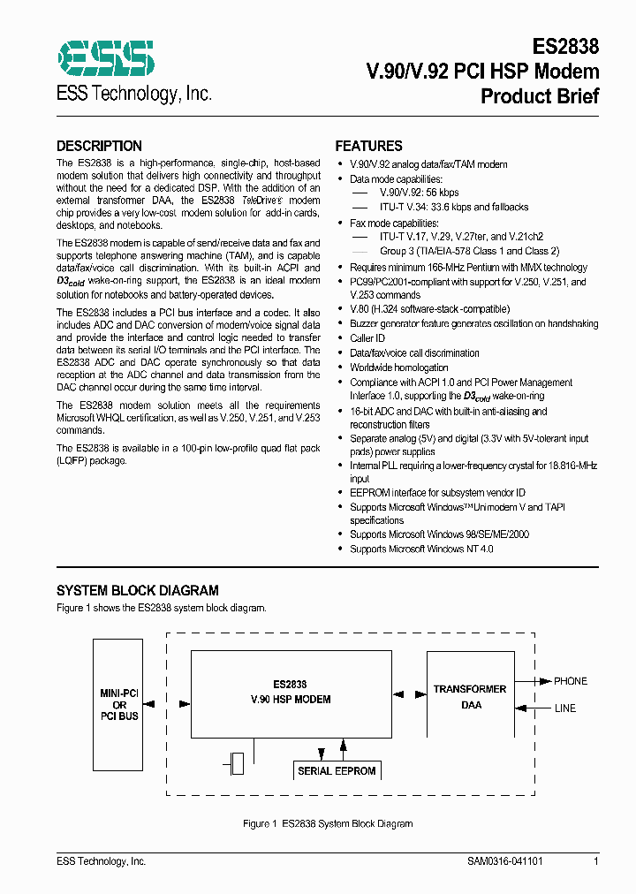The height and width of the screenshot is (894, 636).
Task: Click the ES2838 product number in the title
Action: [x=566, y=47]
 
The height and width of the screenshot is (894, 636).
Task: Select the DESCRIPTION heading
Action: [x=99, y=147]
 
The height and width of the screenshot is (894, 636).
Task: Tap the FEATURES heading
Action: [x=368, y=147]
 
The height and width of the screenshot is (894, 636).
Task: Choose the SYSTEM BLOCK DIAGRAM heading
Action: [x=138, y=590]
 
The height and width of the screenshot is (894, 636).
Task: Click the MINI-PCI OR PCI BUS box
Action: [x=119, y=704]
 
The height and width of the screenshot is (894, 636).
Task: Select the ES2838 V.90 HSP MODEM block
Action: [x=290, y=693]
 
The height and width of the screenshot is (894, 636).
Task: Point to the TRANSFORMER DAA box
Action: [x=469, y=696]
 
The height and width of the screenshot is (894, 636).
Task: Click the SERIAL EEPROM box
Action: [x=337, y=771]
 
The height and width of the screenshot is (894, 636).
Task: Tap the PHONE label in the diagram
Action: [x=570, y=681]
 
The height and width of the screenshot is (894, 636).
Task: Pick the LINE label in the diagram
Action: [x=564, y=708]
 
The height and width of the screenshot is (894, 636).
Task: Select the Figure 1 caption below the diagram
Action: [x=328, y=823]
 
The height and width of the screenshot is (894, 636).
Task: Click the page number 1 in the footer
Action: [x=596, y=861]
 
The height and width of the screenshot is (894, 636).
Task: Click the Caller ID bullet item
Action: [x=367, y=338]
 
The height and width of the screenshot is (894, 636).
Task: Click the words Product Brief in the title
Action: [x=539, y=96]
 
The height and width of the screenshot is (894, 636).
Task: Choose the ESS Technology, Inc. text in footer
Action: [x=101, y=861]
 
